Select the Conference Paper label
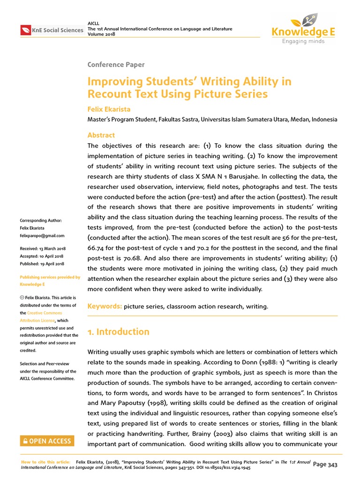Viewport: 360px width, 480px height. point(116,65)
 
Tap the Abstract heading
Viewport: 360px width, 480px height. point(101,135)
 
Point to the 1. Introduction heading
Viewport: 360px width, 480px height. point(119,332)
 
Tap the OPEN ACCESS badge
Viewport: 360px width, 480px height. point(46,441)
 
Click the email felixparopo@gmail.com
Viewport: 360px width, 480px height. point(42,236)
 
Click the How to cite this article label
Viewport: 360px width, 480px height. point(46,462)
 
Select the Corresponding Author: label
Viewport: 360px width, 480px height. point(41,220)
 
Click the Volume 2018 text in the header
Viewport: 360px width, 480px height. point(101,34)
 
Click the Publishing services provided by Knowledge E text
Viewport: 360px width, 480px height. point(49,281)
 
